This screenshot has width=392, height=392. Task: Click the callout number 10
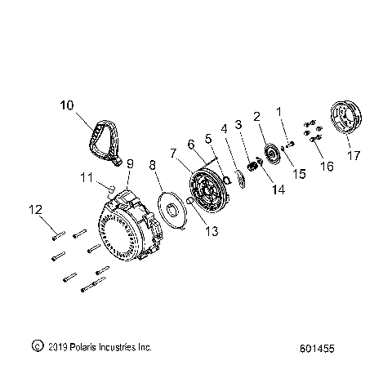click(x=67, y=105)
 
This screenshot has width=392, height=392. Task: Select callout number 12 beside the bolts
click(x=36, y=210)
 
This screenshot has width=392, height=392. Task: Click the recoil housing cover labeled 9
click(x=129, y=226)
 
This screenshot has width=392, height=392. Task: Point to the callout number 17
click(x=354, y=156)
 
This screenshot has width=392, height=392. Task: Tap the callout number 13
click(x=212, y=231)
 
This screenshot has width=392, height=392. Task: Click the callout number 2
click(x=256, y=117)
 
